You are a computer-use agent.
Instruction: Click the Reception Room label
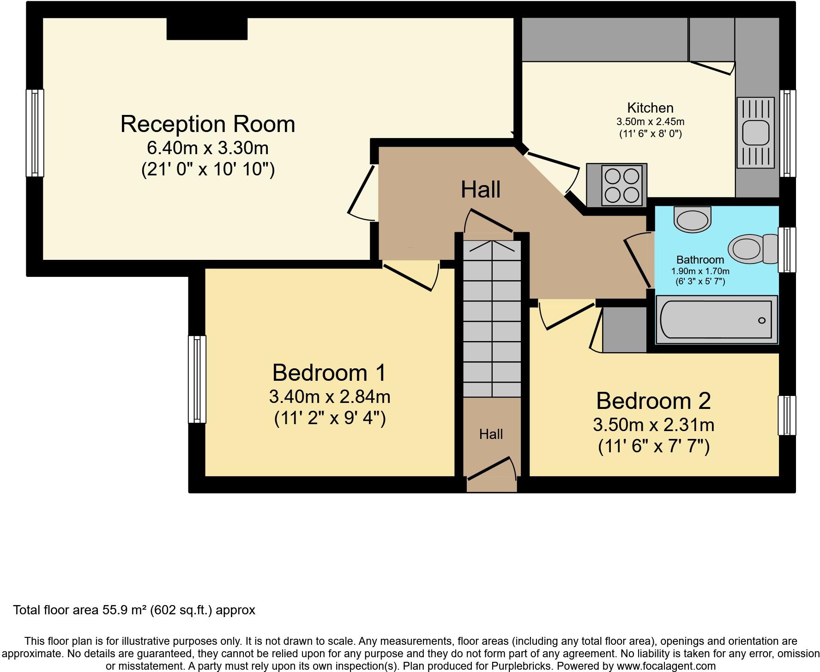207,124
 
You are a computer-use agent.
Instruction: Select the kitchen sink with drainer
755,132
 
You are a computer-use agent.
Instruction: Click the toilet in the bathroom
753,249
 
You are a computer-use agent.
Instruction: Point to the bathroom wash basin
692,219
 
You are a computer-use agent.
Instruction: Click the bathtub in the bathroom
716,320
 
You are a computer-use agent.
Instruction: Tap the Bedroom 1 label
329,372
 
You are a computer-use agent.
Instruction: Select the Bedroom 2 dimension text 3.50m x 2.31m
653,425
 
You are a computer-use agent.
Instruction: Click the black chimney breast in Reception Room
206,29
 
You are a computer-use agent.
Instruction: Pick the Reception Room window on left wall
35,133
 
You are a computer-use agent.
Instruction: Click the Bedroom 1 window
197,379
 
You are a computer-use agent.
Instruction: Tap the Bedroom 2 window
787,415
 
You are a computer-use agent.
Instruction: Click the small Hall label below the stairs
491,434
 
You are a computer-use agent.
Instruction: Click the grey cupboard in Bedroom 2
624,330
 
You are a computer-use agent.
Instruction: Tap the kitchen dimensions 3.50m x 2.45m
650,122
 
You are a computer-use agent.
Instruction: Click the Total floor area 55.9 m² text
134,610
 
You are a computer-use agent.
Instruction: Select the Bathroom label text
700,259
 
